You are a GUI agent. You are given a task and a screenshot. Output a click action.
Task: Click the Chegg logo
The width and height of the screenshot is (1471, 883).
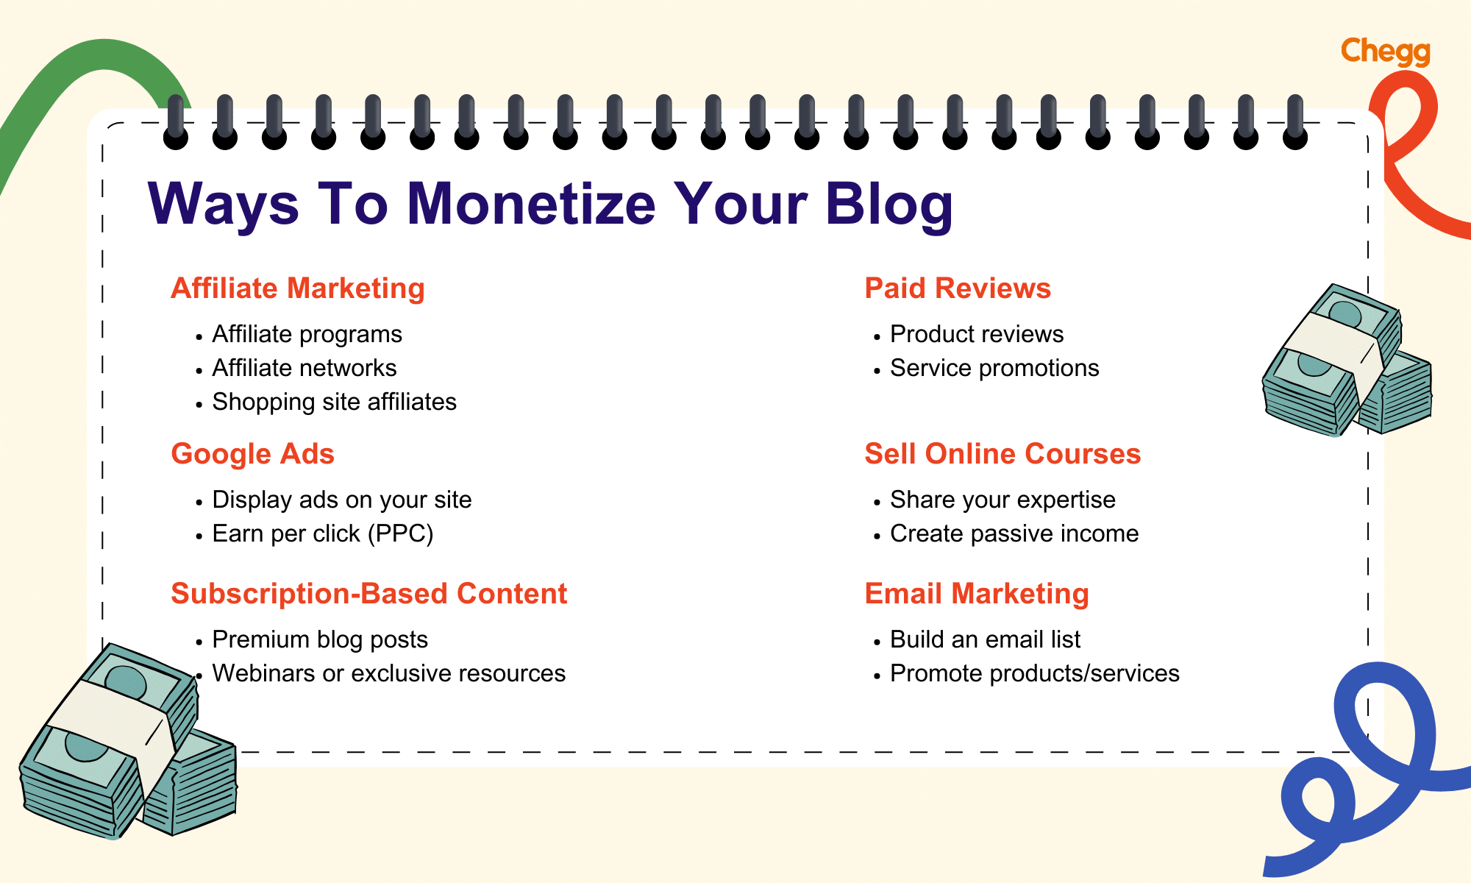click(1385, 52)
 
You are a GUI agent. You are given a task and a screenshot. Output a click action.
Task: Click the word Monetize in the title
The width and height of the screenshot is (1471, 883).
click(531, 204)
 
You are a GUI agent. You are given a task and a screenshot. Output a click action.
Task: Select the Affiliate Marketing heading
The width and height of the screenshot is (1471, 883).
click(298, 288)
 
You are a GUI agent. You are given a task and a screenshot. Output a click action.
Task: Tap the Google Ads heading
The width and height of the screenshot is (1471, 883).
click(252, 454)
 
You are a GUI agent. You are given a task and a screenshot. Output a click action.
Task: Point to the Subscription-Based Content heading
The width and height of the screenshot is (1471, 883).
click(368, 594)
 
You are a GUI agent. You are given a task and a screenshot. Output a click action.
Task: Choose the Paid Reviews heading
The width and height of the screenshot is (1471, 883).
click(958, 288)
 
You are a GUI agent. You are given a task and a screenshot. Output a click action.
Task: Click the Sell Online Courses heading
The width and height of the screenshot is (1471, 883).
click(1002, 454)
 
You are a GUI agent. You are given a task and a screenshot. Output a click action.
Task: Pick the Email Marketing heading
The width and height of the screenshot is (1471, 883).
click(977, 594)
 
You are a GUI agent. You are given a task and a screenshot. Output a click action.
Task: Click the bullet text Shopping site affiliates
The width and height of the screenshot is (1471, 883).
click(334, 402)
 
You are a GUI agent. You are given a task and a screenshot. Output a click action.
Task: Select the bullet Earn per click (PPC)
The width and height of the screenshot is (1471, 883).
click(323, 533)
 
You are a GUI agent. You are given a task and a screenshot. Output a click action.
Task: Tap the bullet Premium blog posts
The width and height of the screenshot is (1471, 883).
click(320, 639)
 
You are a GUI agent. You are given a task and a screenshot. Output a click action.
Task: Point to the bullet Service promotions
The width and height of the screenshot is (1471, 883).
click(994, 368)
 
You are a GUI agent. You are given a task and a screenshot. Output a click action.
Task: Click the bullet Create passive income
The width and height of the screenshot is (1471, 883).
click(1014, 533)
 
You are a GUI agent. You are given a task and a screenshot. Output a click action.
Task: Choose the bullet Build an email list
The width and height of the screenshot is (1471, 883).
click(985, 639)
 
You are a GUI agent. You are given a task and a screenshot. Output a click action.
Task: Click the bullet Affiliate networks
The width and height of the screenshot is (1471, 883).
click(304, 368)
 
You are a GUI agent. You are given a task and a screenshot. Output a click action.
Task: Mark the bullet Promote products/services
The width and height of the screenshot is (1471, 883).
click(1034, 673)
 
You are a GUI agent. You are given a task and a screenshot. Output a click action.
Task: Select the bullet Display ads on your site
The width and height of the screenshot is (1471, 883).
click(342, 500)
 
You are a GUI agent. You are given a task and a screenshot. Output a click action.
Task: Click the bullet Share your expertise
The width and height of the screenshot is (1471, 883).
click(1002, 500)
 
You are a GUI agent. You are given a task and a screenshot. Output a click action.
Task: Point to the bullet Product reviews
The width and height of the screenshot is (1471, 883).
click(977, 334)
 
